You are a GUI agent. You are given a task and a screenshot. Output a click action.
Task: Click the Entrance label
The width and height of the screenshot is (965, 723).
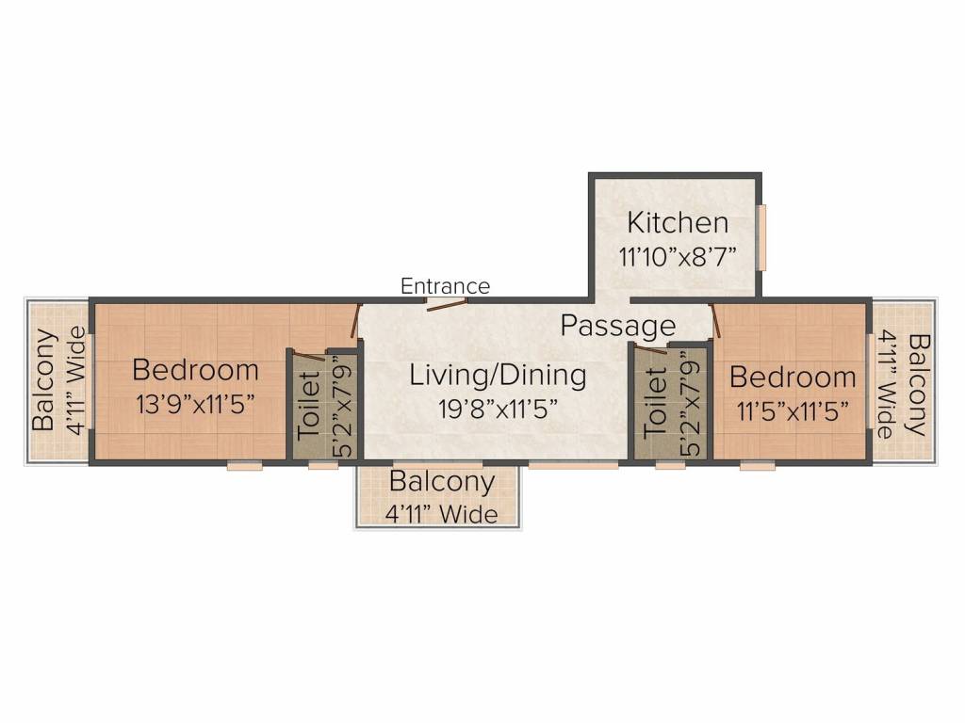(x=445, y=286)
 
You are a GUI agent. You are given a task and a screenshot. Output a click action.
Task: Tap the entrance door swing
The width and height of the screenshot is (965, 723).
(x=447, y=304)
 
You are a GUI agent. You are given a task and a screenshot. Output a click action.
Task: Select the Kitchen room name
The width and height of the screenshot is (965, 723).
(x=678, y=222)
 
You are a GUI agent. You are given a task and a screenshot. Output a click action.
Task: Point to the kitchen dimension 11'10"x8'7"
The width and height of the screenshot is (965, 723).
(x=678, y=256)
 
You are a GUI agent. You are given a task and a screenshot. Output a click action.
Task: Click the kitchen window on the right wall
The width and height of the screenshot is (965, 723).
(x=761, y=237)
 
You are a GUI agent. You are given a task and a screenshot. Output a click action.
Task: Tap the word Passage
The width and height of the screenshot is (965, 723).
(x=618, y=325)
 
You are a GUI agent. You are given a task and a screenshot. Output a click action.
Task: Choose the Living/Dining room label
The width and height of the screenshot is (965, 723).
(x=498, y=376)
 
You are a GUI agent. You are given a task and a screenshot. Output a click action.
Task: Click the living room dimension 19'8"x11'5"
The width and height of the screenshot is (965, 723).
(x=498, y=409)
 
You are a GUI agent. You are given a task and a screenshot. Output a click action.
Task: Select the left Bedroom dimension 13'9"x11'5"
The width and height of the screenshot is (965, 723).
(x=195, y=405)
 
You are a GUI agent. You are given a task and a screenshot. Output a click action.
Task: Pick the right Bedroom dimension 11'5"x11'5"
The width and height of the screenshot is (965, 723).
(x=793, y=410)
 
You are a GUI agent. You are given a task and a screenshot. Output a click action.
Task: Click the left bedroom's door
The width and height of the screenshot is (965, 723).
(x=355, y=320)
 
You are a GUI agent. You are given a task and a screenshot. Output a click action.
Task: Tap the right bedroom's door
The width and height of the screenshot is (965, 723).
(x=715, y=320)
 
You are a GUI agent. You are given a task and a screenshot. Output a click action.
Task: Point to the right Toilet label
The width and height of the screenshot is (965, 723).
(x=655, y=403)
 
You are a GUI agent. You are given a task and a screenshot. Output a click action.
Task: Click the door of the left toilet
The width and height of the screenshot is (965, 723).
(x=308, y=355)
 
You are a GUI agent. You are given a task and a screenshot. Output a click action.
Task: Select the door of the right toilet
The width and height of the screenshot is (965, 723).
(x=651, y=350)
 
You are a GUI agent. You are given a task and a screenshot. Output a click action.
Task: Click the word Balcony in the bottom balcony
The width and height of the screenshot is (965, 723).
(x=442, y=482)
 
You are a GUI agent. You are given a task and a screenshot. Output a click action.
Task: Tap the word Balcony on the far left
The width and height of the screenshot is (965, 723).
(x=44, y=380)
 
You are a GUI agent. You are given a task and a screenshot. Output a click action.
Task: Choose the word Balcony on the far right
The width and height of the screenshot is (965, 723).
(x=918, y=385)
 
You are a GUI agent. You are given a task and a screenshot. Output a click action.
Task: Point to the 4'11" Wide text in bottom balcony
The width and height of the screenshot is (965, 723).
(x=442, y=514)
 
